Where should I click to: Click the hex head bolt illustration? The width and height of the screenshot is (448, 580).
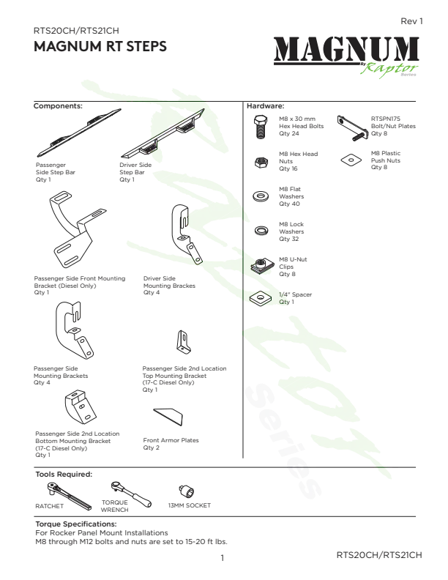coord(261,127)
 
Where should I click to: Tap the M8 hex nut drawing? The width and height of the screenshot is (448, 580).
coord(261,162)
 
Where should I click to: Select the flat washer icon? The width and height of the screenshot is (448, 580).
coord(261,196)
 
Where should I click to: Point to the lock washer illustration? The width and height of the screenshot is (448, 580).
coord(261,231)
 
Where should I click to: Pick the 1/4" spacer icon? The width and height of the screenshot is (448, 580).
coord(260,297)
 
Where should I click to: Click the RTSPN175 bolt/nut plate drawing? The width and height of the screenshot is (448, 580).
coord(352,128)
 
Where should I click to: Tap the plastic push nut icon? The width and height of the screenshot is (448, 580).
coord(351,160)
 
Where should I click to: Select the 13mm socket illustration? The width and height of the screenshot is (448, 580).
coord(186,491)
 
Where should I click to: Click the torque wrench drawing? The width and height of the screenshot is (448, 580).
coord(131,494)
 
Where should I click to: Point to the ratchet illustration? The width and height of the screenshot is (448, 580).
coord(69,496)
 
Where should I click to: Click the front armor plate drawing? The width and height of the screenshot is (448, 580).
coord(168,417)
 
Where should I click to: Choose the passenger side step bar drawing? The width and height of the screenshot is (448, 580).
coord(79,133)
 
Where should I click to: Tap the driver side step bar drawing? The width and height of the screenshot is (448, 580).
coord(163,133)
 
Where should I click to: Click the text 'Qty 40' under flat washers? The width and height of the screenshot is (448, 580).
coord(289,204)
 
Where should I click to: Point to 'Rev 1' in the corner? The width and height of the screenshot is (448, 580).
coord(411,21)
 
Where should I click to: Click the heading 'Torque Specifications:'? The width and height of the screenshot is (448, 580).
coord(76,524)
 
